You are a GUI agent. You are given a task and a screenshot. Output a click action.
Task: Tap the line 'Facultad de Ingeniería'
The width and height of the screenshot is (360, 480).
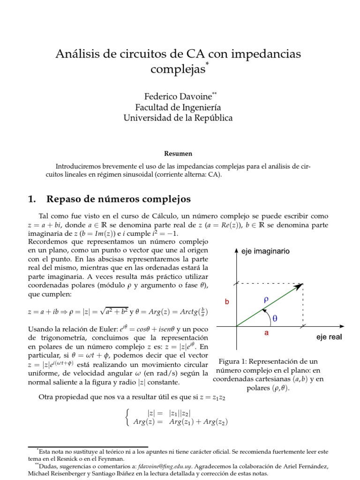coord(178,107)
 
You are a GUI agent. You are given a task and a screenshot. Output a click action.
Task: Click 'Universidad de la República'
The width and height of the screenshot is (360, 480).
coord(178,118)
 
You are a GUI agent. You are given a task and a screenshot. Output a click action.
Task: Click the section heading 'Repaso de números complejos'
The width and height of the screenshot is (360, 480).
coord(119,199)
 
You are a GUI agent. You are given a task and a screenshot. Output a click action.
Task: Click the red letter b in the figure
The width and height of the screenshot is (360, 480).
coord(227,302)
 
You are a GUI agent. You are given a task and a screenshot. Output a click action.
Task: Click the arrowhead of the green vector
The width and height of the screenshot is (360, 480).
coord(299,286)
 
